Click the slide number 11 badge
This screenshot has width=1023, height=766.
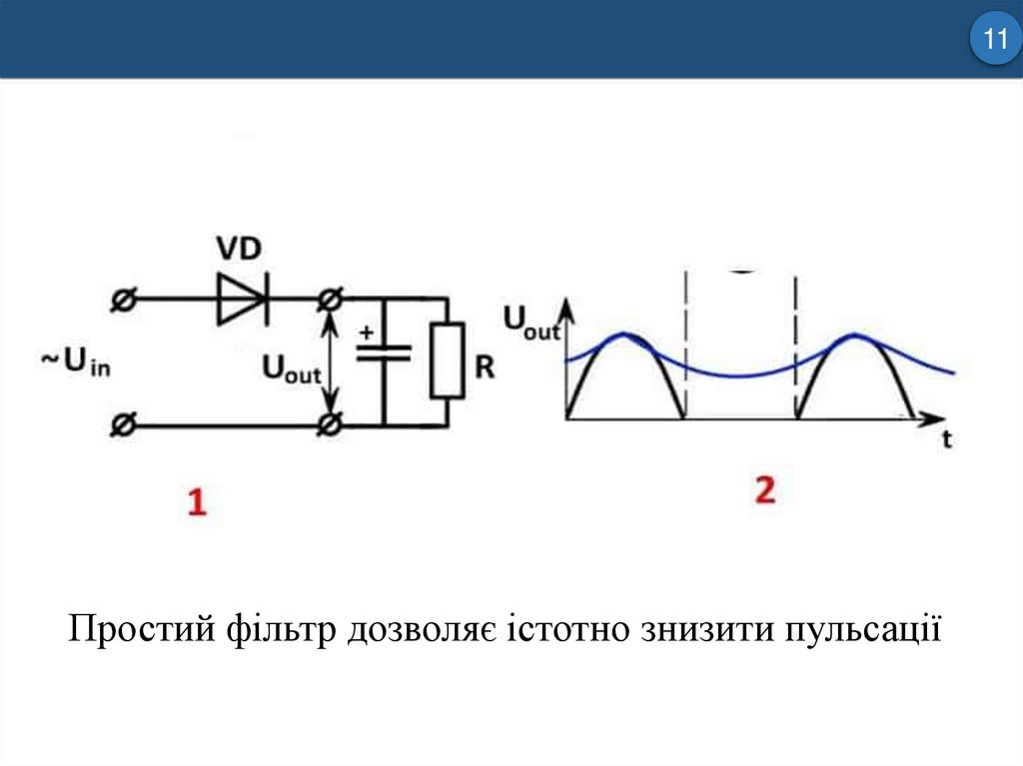[994, 41]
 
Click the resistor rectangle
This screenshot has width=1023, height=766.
[447, 359]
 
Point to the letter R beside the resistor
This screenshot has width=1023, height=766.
[486, 368]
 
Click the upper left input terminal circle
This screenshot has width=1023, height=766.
[122, 299]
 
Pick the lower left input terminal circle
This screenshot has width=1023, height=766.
[122, 425]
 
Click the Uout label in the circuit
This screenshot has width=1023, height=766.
[291, 370]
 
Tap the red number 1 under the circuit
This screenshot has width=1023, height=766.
[197, 501]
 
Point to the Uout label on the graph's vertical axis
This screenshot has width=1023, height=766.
[530, 322]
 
